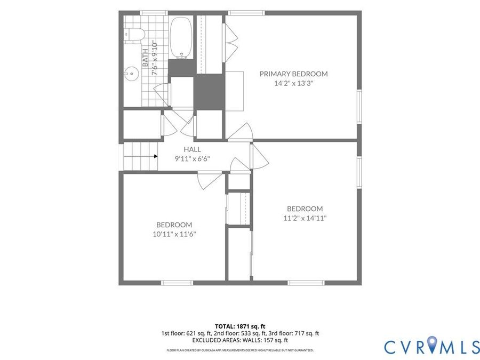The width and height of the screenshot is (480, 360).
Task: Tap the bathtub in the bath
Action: tap(181, 38)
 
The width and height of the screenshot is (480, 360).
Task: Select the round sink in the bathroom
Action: tap(132, 74)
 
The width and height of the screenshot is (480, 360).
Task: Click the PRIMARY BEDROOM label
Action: tap(293, 74)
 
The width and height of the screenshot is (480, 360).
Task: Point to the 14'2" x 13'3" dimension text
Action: tap(293, 83)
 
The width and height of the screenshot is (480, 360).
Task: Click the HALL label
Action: tap(192, 149)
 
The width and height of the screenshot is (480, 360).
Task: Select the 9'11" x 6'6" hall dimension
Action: tap(192, 159)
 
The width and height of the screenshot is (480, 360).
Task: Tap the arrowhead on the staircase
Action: tap(156, 156)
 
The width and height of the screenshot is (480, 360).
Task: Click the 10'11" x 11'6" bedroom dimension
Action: tap(174, 235)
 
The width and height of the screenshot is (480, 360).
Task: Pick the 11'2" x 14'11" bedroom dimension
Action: tap(305, 218)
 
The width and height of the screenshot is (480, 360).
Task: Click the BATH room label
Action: tap(145, 58)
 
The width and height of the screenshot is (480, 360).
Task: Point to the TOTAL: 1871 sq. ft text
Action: tap(240, 326)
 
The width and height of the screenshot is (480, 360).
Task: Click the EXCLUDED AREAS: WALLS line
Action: tap(240, 340)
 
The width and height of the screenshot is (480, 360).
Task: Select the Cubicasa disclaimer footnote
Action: tap(240, 350)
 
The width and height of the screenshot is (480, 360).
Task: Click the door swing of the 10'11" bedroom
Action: tap(209, 181)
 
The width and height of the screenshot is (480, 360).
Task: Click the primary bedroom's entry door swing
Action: tap(241, 132)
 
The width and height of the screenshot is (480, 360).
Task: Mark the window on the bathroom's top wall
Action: tap(154, 13)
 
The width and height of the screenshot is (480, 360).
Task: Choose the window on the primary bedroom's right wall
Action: tap(359, 107)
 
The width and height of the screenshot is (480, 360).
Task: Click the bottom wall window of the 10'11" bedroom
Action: tap(177, 283)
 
